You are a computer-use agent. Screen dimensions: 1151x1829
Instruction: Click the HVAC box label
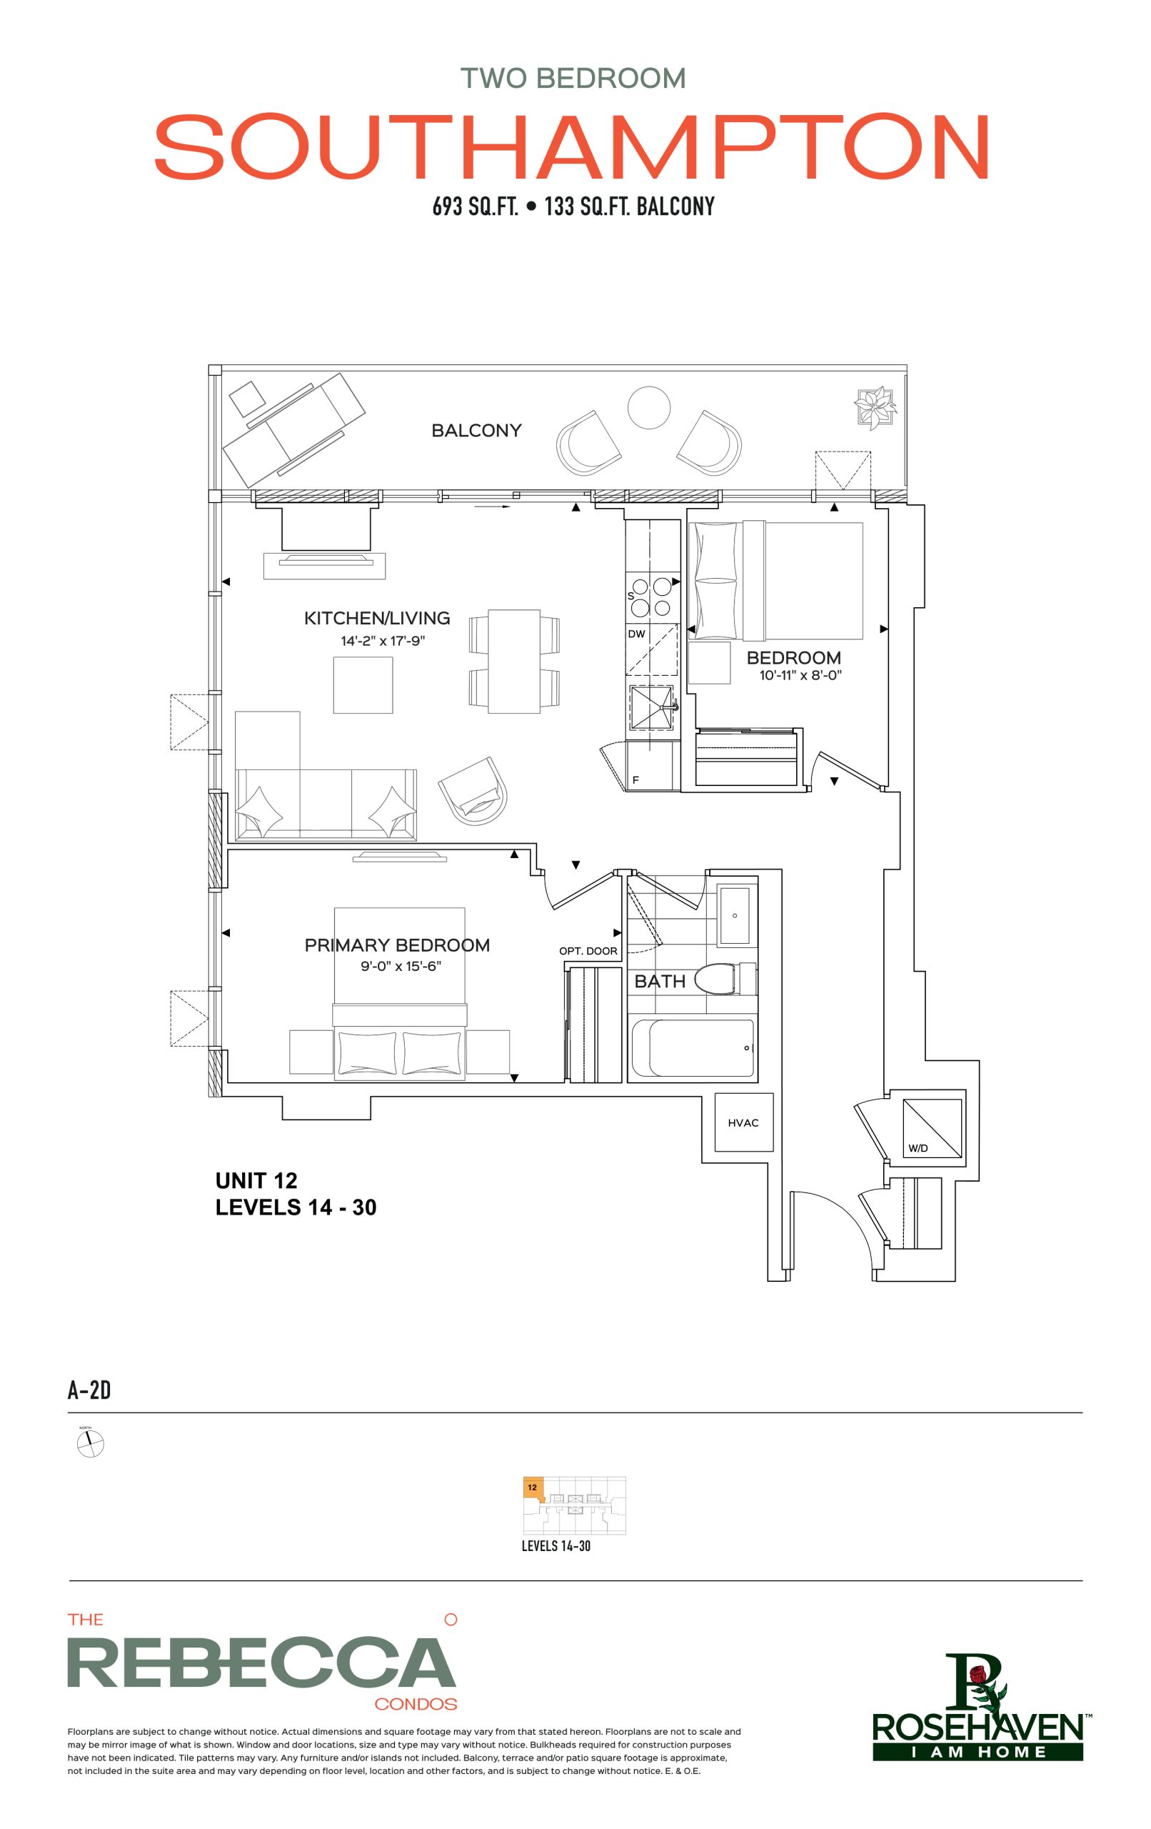[x=743, y=1122]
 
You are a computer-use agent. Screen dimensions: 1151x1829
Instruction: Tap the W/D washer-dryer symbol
[x=932, y=1128]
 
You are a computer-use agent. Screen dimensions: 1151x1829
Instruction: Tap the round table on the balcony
[x=649, y=407]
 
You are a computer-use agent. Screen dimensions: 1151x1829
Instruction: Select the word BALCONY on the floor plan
[x=477, y=431]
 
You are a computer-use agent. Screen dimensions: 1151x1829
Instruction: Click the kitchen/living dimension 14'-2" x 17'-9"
[x=383, y=641]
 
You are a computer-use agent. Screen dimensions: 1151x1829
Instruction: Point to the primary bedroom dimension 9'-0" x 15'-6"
[x=401, y=966]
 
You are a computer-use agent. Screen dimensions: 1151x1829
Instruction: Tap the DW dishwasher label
[x=636, y=634]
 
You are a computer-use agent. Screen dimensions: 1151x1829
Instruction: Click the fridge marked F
[x=651, y=766]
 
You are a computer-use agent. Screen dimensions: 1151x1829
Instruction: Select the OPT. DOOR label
[x=588, y=951]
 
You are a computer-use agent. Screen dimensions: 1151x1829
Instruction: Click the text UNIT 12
[x=256, y=1180]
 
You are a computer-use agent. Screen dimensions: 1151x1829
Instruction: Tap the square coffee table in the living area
[x=363, y=684]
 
